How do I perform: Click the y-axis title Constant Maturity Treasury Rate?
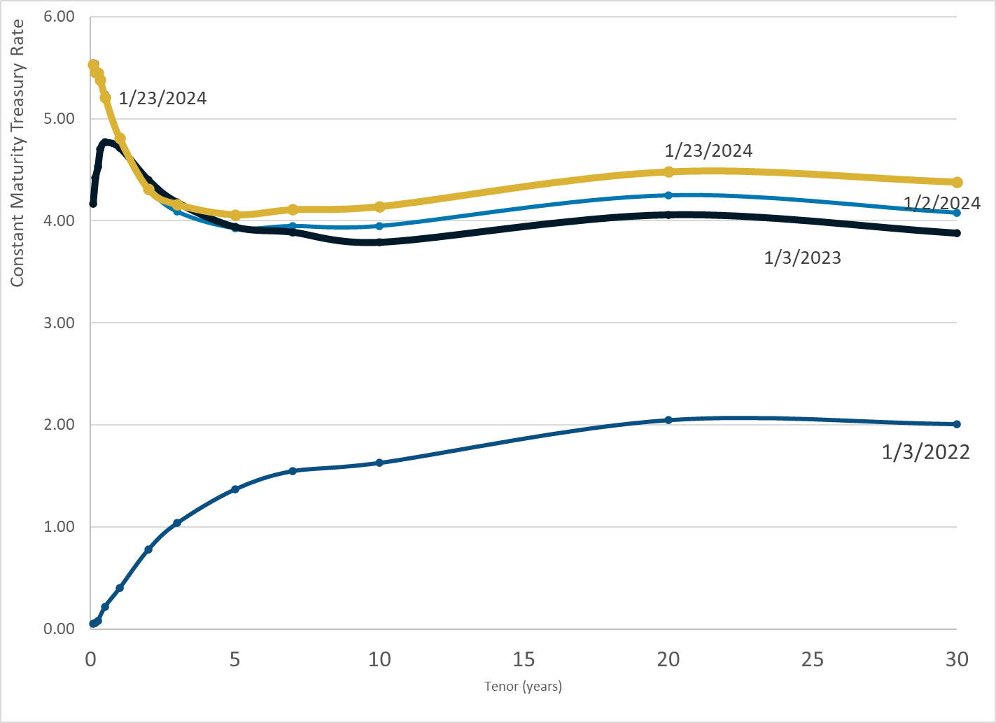[x=17, y=153]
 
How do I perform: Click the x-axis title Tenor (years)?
[x=523, y=686]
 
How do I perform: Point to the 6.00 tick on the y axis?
[x=59, y=16]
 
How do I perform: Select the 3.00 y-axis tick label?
[x=59, y=323]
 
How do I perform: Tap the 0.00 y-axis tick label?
[x=59, y=629]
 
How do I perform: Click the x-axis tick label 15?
[x=524, y=659]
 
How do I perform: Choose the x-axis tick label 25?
[x=813, y=659]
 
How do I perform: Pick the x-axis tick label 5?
[x=235, y=659]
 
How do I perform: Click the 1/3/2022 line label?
[x=925, y=452]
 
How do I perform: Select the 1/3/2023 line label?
[x=802, y=258]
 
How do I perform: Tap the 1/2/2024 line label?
[x=942, y=203]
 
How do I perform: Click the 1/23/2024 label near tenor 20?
[x=708, y=150]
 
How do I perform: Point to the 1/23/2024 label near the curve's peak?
[x=162, y=98]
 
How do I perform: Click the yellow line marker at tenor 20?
[x=668, y=171]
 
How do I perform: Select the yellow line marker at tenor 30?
[x=957, y=182]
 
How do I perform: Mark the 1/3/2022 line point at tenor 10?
[x=379, y=463]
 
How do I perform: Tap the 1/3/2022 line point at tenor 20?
[x=668, y=420]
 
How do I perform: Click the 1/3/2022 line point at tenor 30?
[x=957, y=424]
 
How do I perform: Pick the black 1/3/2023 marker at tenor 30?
[x=957, y=233]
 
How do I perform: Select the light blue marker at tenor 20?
[x=668, y=195]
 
